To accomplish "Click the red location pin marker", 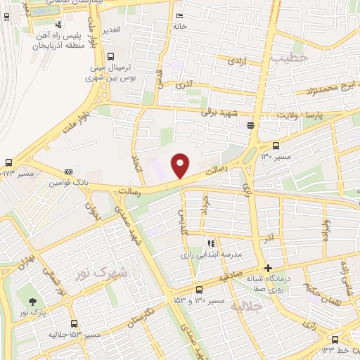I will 181,165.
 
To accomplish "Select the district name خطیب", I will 295,60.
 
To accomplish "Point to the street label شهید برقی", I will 220,112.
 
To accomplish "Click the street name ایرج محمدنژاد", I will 331,89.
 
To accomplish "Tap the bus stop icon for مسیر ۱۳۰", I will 276,146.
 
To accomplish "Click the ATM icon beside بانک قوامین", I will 68,172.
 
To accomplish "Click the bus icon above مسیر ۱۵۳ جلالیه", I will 75,324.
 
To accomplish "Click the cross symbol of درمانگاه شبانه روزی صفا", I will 268,268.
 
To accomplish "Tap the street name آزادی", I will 236,62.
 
